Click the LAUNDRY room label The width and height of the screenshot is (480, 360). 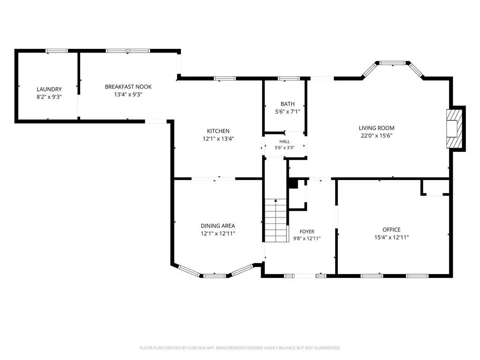click(x=49, y=89)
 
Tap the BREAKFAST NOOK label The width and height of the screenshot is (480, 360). click(x=128, y=87)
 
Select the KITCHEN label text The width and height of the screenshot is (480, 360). click(x=218, y=131)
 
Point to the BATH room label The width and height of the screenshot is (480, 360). click(x=287, y=104)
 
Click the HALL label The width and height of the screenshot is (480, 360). click(x=285, y=142)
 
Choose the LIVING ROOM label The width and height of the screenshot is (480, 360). click(x=376, y=128)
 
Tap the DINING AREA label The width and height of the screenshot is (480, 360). click(x=217, y=225)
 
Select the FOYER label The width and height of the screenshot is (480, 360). click(x=307, y=232)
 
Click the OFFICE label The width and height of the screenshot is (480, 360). click(x=391, y=230)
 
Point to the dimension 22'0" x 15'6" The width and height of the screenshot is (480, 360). click(x=376, y=135)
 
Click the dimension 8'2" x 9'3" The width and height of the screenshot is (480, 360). click(x=49, y=97)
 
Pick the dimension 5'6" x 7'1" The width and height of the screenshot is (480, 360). click(x=287, y=112)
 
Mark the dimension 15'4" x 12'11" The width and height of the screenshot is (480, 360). click(x=391, y=237)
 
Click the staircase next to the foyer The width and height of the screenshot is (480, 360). click(x=276, y=220)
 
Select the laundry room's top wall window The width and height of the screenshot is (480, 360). click(x=57, y=51)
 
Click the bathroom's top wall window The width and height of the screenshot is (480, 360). click(x=289, y=79)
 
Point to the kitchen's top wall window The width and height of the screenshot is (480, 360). click(x=225, y=79)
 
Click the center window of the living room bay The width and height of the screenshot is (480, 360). click(x=393, y=63)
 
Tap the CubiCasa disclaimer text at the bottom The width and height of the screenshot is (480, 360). click(x=240, y=348)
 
